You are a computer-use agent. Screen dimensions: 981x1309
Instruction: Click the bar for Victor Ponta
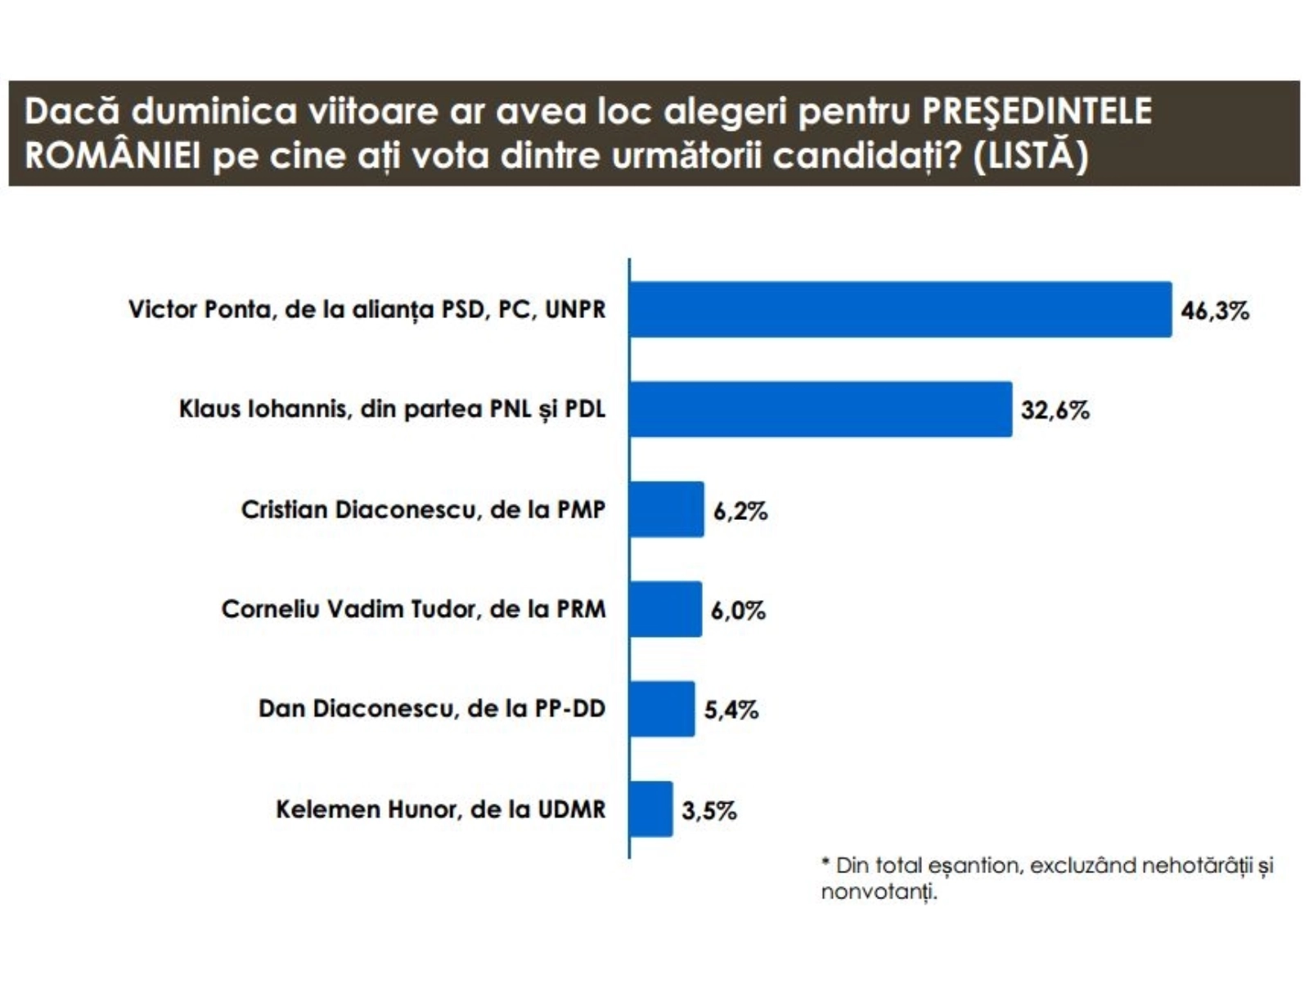[900, 310]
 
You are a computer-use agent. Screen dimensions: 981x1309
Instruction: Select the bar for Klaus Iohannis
[821, 410]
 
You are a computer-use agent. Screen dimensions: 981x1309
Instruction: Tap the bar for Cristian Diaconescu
[666, 509]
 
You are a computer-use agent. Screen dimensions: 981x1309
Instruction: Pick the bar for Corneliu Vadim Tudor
[665, 609]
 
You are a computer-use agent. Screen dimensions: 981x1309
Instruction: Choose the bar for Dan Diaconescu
[662, 709]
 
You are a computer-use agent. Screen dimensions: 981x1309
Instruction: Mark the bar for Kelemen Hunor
[651, 809]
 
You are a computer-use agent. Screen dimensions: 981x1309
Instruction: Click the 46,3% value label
[1215, 311]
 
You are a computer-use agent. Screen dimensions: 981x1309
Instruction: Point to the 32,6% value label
[1055, 410]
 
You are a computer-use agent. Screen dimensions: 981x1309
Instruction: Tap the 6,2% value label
[740, 512]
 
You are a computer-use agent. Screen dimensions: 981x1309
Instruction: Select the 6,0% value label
[738, 611]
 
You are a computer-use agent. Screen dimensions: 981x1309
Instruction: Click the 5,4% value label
[731, 710]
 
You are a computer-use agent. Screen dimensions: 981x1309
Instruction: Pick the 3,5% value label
[709, 811]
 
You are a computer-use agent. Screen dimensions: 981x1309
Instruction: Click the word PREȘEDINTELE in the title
[1037, 111]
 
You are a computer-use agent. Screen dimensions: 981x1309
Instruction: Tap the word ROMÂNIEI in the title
[112, 155]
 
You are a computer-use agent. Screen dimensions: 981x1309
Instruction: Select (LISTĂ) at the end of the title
[1031, 155]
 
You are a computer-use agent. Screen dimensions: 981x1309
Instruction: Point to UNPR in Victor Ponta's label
[575, 310]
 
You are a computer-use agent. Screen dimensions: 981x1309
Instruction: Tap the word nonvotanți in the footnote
[879, 892]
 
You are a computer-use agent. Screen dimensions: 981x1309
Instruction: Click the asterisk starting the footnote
[826, 863]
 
